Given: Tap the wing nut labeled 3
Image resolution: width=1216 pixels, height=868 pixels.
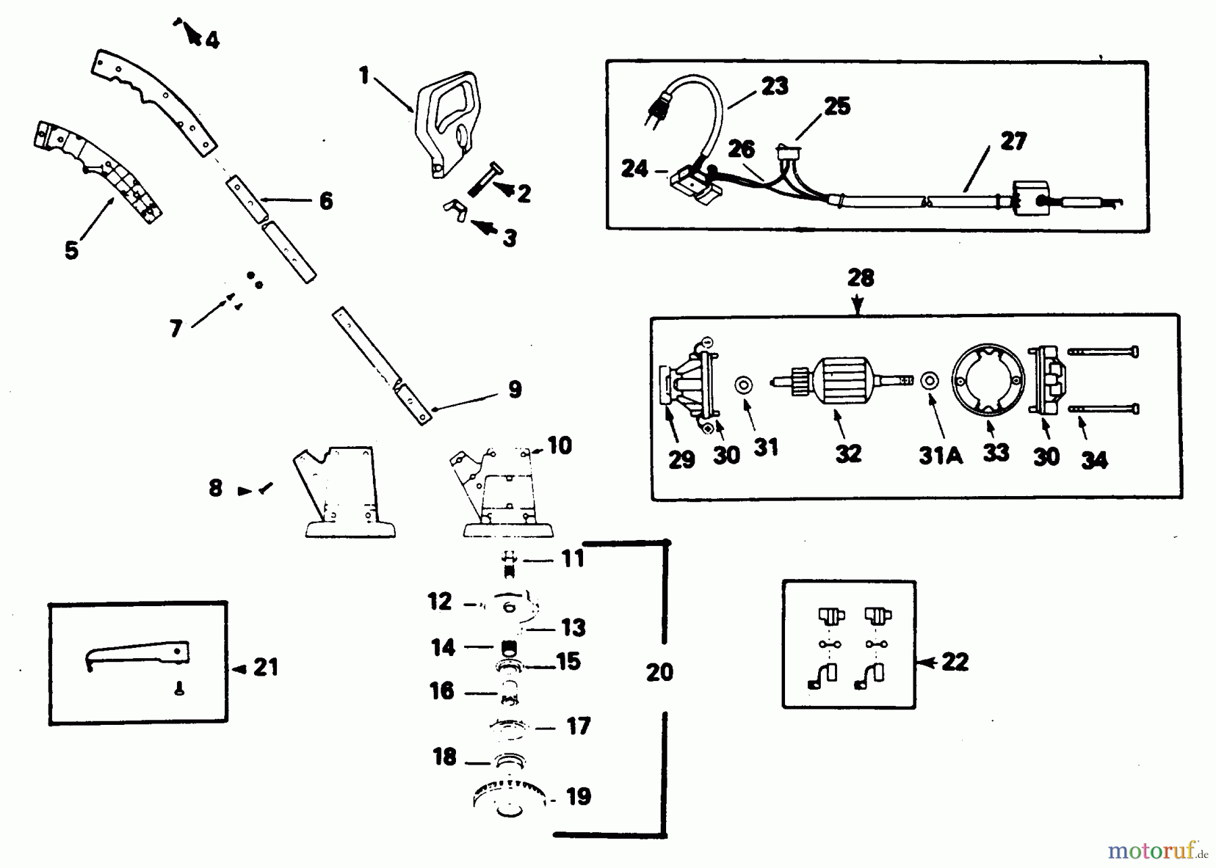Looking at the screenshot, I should coord(455,210).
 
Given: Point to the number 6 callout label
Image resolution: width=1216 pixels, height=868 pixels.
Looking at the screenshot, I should coord(326,200).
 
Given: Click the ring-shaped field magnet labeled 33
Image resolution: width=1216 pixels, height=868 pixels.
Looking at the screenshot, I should coord(988,381).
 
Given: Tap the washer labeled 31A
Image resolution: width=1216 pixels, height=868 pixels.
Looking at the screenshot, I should coord(930,381).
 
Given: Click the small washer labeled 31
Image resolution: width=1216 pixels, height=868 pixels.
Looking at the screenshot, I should coord(744,385).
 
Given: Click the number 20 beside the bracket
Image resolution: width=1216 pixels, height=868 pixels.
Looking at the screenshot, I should coord(659,672).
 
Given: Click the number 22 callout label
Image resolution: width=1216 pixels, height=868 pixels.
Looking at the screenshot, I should coord(955,662).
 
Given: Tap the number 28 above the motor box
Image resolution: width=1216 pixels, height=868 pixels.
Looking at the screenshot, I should coord(860,278).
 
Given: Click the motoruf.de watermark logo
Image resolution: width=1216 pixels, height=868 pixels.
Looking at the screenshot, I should coord(1157,850).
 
